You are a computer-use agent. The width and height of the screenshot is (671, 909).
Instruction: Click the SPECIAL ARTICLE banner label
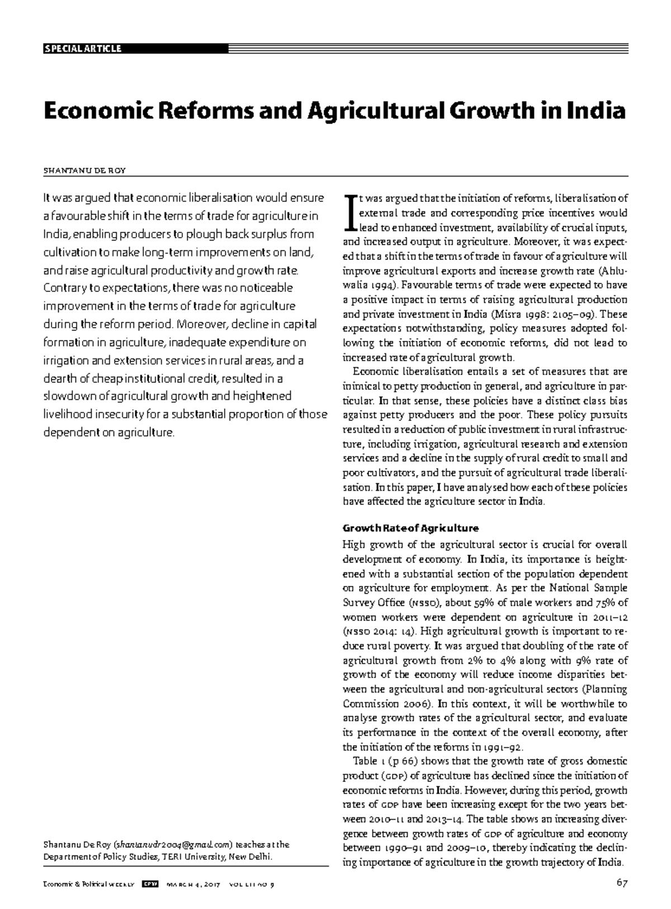pos(82,49)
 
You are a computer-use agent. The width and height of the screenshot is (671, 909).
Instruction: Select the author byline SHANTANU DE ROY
pos(84,171)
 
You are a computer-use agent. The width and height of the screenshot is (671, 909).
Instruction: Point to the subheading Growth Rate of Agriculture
pos(410,528)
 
